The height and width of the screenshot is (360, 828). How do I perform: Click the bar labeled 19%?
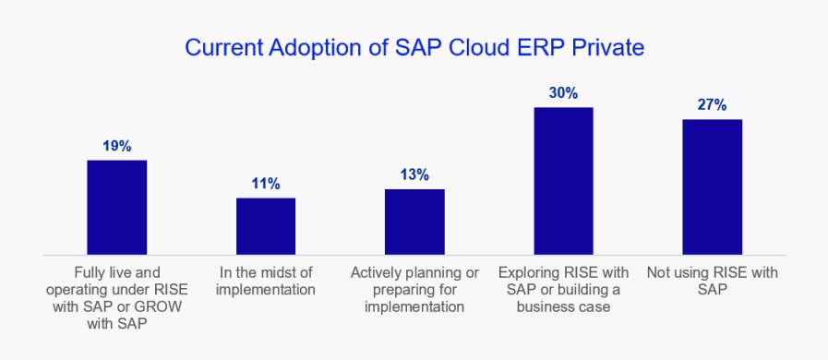116,208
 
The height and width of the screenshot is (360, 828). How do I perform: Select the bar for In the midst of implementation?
266,226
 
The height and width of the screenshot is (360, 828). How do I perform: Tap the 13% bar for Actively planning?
414,222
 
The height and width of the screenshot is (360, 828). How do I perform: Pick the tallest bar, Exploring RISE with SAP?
563,182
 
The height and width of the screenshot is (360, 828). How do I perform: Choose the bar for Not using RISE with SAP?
713,187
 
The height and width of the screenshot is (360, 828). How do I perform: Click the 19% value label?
116,146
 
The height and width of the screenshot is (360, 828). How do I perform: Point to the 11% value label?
266,184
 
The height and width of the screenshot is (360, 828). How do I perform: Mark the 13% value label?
414,174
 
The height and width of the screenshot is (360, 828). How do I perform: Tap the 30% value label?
563,93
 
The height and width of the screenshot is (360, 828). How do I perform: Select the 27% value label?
713,105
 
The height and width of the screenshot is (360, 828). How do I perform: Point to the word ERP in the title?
537,47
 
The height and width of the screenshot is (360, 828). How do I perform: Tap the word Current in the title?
223,48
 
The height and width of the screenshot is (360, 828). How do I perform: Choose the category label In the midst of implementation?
266,282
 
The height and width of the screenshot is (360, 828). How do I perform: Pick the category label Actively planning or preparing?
414,290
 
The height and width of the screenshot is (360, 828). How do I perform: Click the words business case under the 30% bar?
563,307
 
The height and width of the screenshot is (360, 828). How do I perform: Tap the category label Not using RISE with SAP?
713,282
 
